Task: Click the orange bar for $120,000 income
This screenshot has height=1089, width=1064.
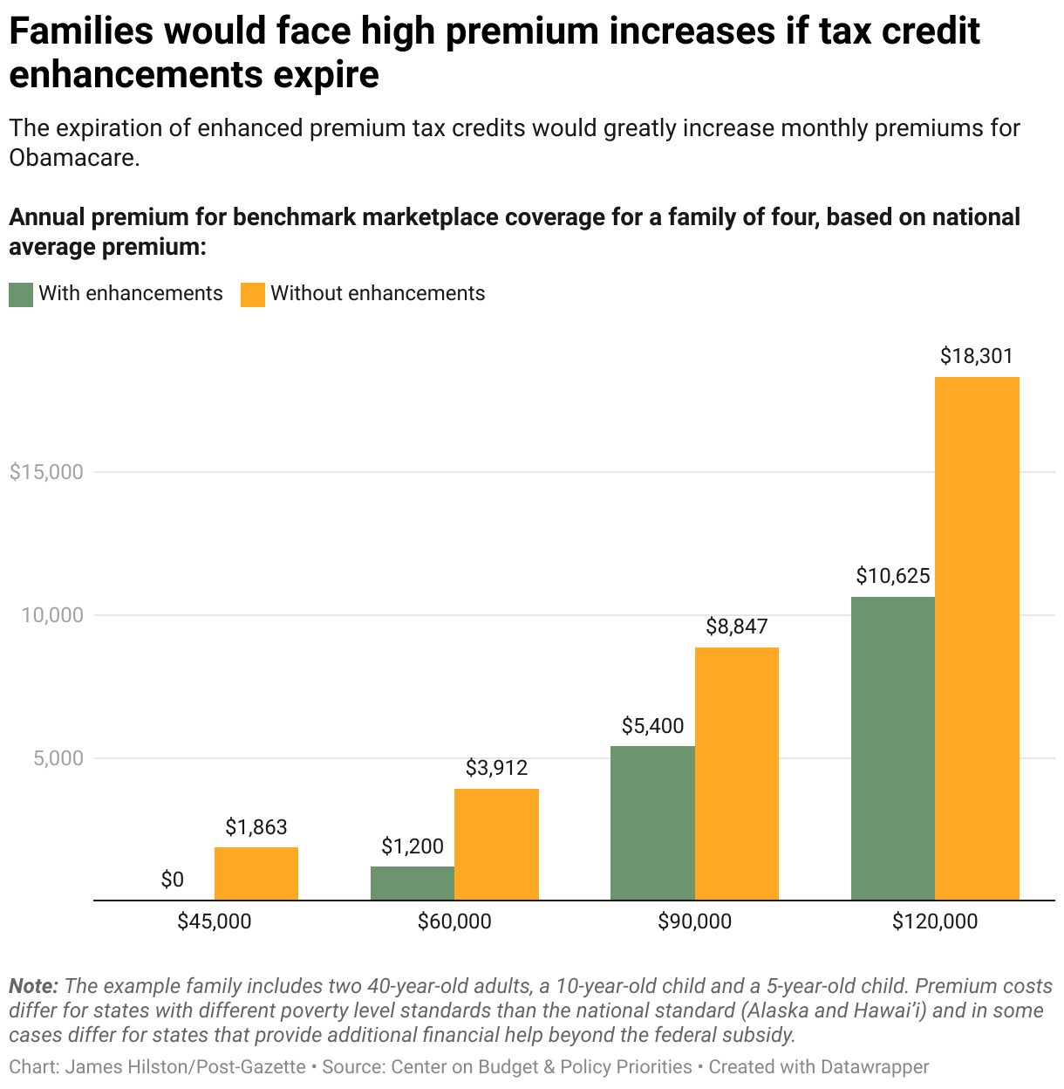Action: click(977, 638)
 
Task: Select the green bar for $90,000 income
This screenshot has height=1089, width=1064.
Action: click(652, 823)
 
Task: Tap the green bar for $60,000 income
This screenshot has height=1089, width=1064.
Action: click(413, 883)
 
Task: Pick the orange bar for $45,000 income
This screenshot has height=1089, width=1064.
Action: click(256, 873)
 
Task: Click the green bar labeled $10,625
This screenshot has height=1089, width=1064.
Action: click(892, 748)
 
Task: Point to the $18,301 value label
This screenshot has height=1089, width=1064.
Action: click(977, 356)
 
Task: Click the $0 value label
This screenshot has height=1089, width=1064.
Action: click(173, 880)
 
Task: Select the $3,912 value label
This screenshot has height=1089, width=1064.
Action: click(496, 768)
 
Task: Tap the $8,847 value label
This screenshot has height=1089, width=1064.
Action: click(737, 627)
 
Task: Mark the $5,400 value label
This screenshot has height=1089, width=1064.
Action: click(652, 726)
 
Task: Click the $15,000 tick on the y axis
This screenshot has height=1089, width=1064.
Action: click(46, 472)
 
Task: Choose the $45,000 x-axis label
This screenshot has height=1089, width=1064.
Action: click(215, 921)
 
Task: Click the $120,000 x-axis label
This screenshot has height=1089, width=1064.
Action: click(935, 921)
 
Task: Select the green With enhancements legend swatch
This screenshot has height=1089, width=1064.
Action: click(21, 294)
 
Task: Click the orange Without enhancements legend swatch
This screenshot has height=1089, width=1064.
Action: click(253, 294)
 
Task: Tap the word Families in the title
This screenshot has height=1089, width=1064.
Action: click(78, 33)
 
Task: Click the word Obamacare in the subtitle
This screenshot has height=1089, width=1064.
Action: click(73, 158)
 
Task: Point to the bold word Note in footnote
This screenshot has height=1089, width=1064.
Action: click(33, 987)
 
